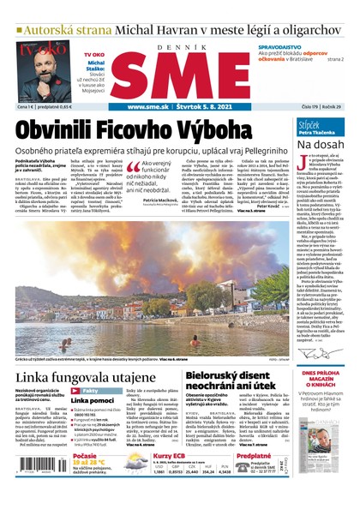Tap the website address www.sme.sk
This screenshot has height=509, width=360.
point(151,107)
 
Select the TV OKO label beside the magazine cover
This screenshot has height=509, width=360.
point(94,54)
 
